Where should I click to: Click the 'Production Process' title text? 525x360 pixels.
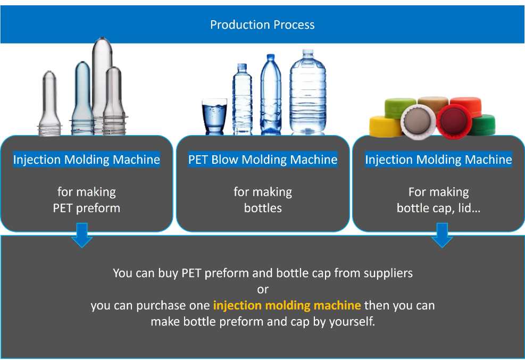[x=262, y=25]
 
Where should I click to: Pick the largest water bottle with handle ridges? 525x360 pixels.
[x=307, y=93]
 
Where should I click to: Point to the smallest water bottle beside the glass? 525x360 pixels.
[x=242, y=101]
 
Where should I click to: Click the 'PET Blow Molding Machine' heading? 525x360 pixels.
[x=263, y=160]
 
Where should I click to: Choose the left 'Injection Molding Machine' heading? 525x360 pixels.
[x=87, y=160]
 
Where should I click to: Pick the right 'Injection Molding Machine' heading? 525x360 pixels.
[x=438, y=160]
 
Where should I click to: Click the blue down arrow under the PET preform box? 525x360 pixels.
[x=81, y=235]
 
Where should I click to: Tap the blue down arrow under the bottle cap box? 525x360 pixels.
[x=442, y=235]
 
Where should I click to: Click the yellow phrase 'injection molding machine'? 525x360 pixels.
[x=287, y=306]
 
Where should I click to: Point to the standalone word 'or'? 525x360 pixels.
[x=263, y=290]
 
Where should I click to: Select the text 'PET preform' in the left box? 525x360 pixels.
[x=87, y=208]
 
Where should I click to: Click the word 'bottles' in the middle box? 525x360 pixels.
[x=263, y=208]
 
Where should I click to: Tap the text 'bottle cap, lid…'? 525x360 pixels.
[x=438, y=208]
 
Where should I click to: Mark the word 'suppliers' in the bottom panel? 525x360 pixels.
[x=388, y=273]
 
